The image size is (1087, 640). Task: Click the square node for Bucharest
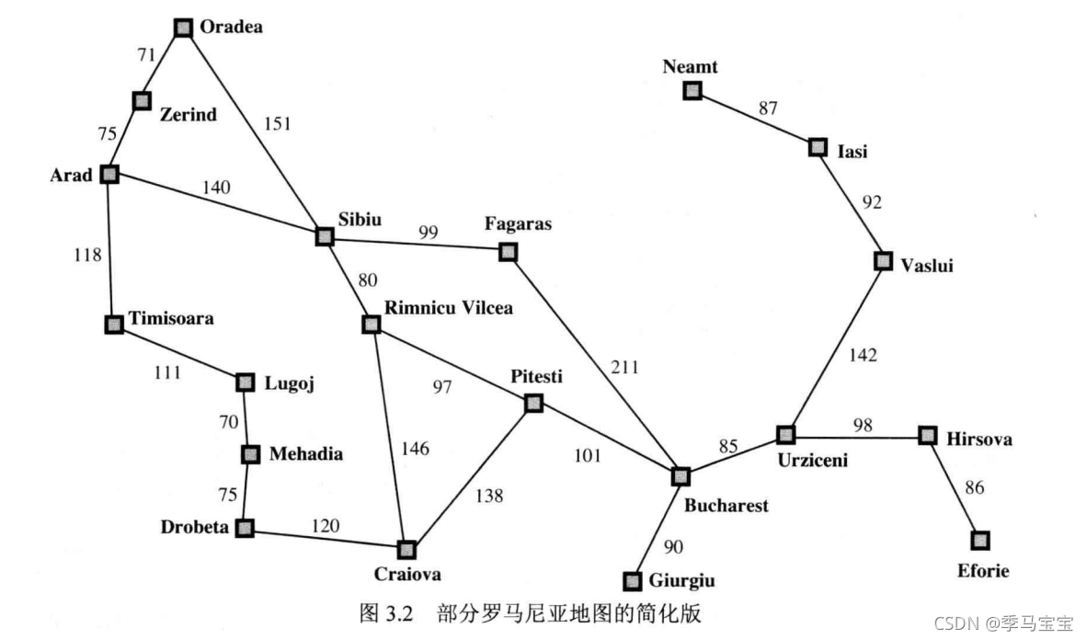point(680,476)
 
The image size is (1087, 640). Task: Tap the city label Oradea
point(231,27)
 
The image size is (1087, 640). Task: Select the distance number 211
point(624,368)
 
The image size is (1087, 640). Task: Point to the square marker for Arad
point(109,174)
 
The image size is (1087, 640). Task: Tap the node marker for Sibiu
point(324,236)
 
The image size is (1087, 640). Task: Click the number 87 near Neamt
point(767,109)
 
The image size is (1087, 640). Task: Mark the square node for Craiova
point(406,549)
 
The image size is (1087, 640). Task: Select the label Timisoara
point(171,319)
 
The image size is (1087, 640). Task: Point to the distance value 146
point(415,449)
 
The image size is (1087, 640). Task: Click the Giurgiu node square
point(632,581)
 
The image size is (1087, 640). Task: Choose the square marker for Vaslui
point(883,261)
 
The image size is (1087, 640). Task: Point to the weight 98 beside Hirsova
point(862,425)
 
